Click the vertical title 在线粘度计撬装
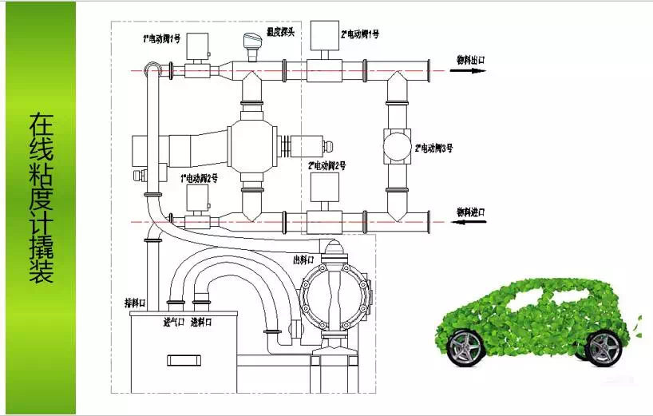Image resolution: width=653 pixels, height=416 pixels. (x=41, y=199)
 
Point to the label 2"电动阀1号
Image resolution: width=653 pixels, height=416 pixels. (x=361, y=34)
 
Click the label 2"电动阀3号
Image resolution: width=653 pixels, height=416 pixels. (x=435, y=148)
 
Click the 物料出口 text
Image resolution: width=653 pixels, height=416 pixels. (x=470, y=60)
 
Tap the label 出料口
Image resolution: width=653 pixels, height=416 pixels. (x=303, y=259)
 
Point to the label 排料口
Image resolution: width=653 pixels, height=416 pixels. (x=134, y=303)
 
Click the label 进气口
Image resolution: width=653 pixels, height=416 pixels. (x=175, y=322)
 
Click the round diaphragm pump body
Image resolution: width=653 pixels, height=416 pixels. (x=334, y=295)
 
